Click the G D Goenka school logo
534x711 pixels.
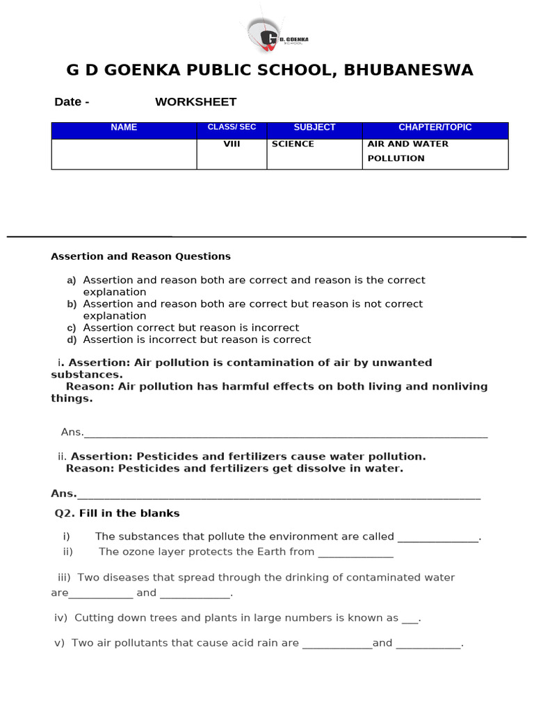coord(276,38)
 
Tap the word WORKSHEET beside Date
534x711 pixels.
coord(195,102)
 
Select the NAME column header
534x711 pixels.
coord(124,128)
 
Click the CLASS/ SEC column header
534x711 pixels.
coord(232,128)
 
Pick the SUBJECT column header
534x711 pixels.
coord(314,128)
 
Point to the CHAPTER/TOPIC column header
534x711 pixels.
coord(435,128)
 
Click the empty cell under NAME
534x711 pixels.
coord(124,153)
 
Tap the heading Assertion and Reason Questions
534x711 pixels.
coord(140,257)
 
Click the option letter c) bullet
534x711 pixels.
coord(71,328)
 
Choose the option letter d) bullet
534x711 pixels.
coord(71,340)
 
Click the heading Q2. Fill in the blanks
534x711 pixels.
coord(117,514)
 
